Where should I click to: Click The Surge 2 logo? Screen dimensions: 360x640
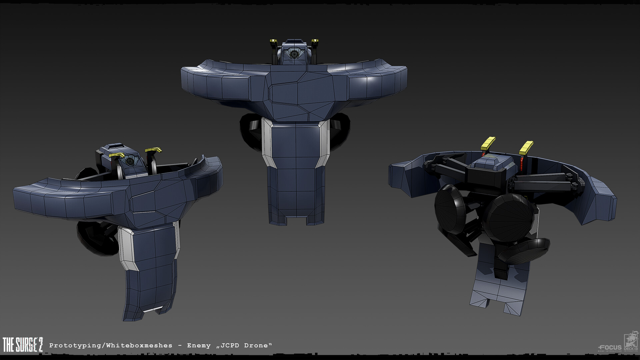[23, 344]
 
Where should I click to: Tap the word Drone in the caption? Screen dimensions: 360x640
[256, 346]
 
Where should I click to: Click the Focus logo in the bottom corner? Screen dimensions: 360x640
[610, 348]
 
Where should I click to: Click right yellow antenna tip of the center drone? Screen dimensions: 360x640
[315, 42]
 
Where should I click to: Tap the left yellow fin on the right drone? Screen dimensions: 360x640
[488, 144]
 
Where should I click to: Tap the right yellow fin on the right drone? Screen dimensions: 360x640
[526, 146]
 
